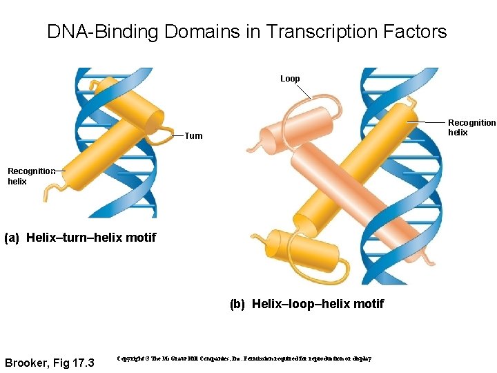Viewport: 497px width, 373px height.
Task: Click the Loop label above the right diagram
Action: click(290, 79)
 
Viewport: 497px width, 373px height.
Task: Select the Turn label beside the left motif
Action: click(193, 136)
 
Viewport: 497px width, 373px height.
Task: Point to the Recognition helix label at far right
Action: click(471, 128)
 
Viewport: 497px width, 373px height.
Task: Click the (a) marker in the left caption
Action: click(12, 238)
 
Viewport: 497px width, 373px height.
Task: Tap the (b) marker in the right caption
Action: click(237, 304)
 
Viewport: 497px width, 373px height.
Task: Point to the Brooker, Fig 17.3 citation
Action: click(49, 363)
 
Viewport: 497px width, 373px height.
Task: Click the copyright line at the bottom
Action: click(244, 359)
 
